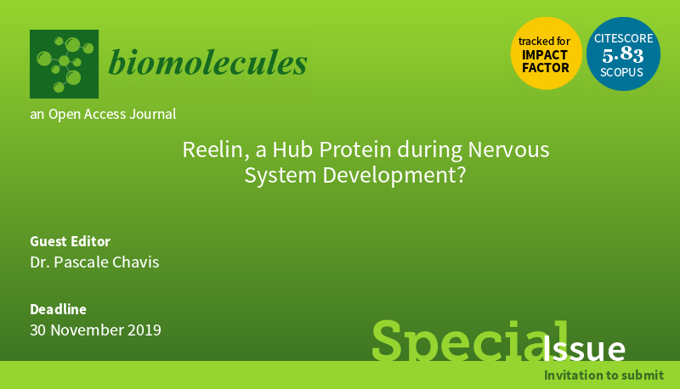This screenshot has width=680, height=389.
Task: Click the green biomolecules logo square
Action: (65, 64)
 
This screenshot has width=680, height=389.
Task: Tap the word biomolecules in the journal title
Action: (207, 62)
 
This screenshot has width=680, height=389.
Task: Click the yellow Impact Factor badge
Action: (546, 54)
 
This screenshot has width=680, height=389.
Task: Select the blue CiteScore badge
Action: (623, 54)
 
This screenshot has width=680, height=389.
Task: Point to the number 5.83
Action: (623, 54)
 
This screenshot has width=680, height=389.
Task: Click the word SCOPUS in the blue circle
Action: (621, 72)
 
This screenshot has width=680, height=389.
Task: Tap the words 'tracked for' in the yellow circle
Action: (544, 41)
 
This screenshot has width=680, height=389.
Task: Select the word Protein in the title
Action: (355, 149)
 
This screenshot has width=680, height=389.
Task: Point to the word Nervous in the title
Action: (508, 149)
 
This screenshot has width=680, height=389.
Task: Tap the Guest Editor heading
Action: (71, 241)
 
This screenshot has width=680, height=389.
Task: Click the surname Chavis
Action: (136, 262)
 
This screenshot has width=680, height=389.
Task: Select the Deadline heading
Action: (58, 309)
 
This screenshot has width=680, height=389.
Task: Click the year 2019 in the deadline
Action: (144, 330)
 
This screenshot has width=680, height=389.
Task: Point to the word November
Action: (88, 330)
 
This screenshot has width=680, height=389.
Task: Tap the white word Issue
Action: (584, 348)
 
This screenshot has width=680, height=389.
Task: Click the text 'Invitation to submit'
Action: (604, 375)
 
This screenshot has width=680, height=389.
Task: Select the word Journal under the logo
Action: (153, 114)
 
